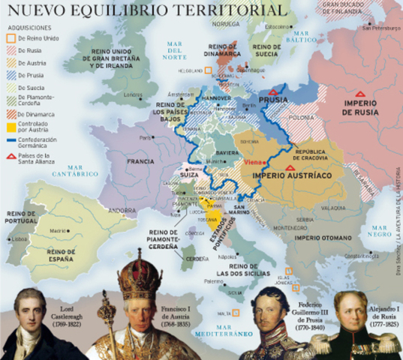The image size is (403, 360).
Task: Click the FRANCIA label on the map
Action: [x=141, y=161]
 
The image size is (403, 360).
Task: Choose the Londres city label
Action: [x=133, y=94]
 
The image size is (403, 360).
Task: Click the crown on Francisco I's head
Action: [x=139, y=270]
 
